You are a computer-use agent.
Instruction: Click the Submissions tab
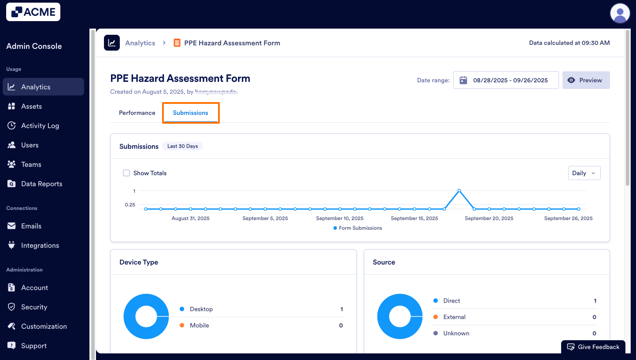pos(191,113)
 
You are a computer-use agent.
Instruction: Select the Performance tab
pos(137,113)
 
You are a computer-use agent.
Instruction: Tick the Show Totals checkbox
pos(126,173)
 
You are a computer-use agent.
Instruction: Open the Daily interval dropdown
pos(584,173)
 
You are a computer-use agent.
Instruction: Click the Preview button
pos(586,80)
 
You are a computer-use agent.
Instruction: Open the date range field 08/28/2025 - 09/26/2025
pos(506,80)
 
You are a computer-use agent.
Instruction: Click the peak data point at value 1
pos(459,191)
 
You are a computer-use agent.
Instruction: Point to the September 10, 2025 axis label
pos(340,218)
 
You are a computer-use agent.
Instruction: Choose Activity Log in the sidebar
pos(40,126)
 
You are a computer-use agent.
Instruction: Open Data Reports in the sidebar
pos(41,184)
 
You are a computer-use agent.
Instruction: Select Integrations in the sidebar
pos(40,246)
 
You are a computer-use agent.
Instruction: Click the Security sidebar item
pos(34,307)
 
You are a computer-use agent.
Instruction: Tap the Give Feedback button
pos(593,347)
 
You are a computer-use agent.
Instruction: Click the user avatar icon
pos(620,13)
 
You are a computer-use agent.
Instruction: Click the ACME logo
pos(33,12)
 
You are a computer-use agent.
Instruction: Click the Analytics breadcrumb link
pos(140,43)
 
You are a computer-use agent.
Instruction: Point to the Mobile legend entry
pos(199,325)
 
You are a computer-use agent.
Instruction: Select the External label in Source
pos(454,317)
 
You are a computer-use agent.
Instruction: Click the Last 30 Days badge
pos(182,146)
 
